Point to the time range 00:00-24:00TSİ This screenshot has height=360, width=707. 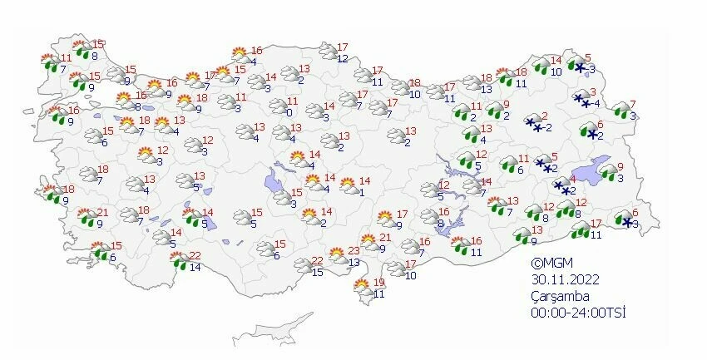579,313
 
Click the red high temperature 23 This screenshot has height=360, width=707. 354,251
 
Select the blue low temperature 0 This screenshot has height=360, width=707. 289,112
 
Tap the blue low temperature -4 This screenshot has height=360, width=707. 596,104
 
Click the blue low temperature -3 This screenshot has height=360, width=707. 591,68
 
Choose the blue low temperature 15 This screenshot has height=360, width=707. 318,273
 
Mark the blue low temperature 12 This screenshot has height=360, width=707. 342,58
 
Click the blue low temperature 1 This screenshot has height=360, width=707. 360,192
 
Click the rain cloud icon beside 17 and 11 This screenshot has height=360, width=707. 577,229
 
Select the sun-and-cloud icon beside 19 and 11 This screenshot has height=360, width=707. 363,288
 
